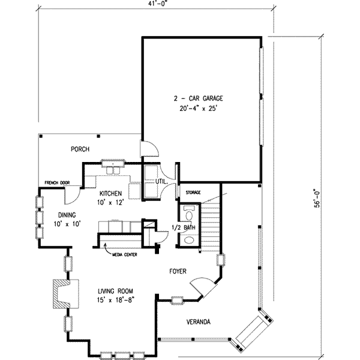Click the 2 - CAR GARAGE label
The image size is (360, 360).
pyautogui.click(x=198, y=98)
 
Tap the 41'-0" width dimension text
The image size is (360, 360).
pyautogui.click(x=157, y=4)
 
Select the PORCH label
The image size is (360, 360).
pyautogui.click(x=80, y=149)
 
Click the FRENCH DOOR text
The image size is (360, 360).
pyautogui.click(x=57, y=183)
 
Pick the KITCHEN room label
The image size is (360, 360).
pyautogui.click(x=110, y=194)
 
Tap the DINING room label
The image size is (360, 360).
pyautogui.click(x=67, y=215)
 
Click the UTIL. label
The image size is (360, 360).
pyautogui.click(x=161, y=181)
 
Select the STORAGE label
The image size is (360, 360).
pyautogui.click(x=193, y=193)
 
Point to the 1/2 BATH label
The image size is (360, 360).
pyautogui.click(x=184, y=227)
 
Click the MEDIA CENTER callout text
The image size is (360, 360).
pyautogui.click(x=125, y=254)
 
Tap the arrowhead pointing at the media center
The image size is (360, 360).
pyautogui.click(x=106, y=245)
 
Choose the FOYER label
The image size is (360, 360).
pyautogui.click(x=178, y=271)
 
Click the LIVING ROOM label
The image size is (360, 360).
pyautogui.click(x=115, y=292)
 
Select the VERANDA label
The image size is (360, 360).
pyautogui.click(x=199, y=322)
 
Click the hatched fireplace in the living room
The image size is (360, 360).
pyautogui.click(x=61, y=294)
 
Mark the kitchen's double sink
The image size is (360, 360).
pyautogui.click(x=113, y=170)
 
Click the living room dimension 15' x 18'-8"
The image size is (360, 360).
pyautogui.click(x=115, y=300)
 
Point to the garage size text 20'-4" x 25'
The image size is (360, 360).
pyautogui.click(x=198, y=109)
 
